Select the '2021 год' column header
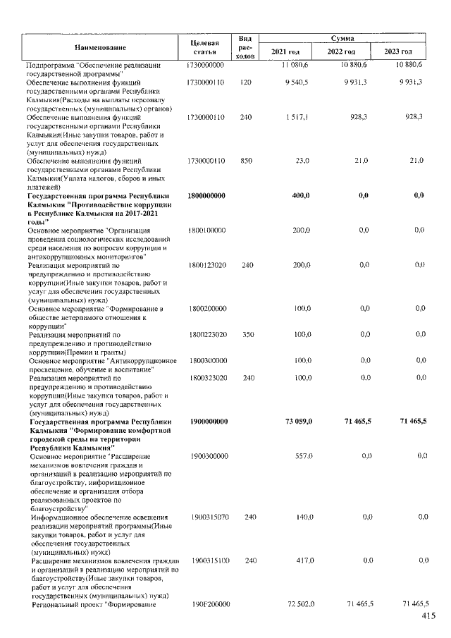pos(285,52)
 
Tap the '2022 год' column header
pos(341,52)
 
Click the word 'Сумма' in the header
pos(341,39)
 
